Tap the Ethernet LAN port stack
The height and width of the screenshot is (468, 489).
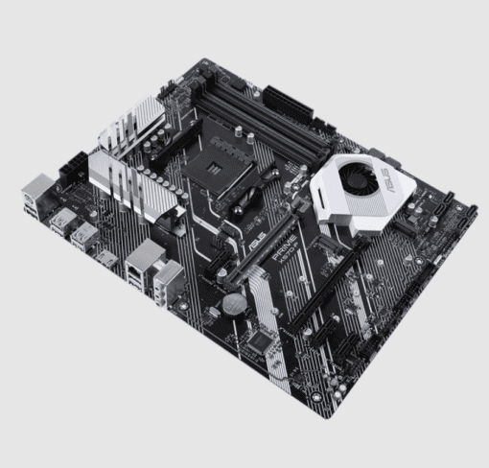click(x=145, y=259)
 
